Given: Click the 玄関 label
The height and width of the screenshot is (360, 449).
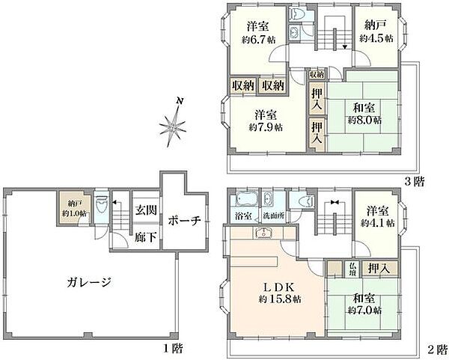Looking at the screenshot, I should tap(147, 211).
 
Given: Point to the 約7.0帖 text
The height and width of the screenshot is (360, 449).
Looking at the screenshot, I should tap(363, 310).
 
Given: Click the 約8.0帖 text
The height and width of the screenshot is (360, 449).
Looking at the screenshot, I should tap(363, 120).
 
